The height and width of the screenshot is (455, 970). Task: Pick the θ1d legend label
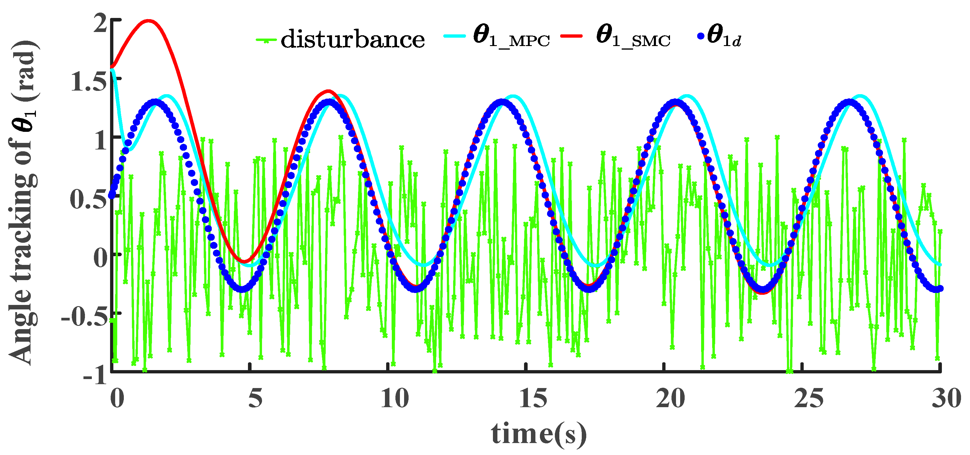pyautogui.click(x=724, y=38)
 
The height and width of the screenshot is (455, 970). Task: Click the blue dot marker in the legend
pyautogui.click(x=701, y=36)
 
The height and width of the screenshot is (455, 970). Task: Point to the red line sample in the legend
pyautogui.click(x=572, y=36)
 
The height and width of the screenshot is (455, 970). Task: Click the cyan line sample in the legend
pyautogui.click(x=455, y=36)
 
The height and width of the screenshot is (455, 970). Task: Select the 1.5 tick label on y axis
pyautogui.click(x=89, y=82)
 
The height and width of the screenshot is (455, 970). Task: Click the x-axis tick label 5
pyautogui.click(x=255, y=398)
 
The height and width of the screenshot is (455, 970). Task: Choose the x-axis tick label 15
pyautogui.click(x=532, y=398)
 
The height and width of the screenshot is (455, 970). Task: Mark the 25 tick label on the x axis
pyautogui.click(x=808, y=398)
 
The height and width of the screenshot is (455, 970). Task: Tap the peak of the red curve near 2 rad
pyautogui.click(x=148, y=21)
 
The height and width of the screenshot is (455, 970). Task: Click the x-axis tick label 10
pyautogui.click(x=394, y=398)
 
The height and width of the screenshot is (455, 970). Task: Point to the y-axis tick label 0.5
pyautogui.click(x=89, y=199)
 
